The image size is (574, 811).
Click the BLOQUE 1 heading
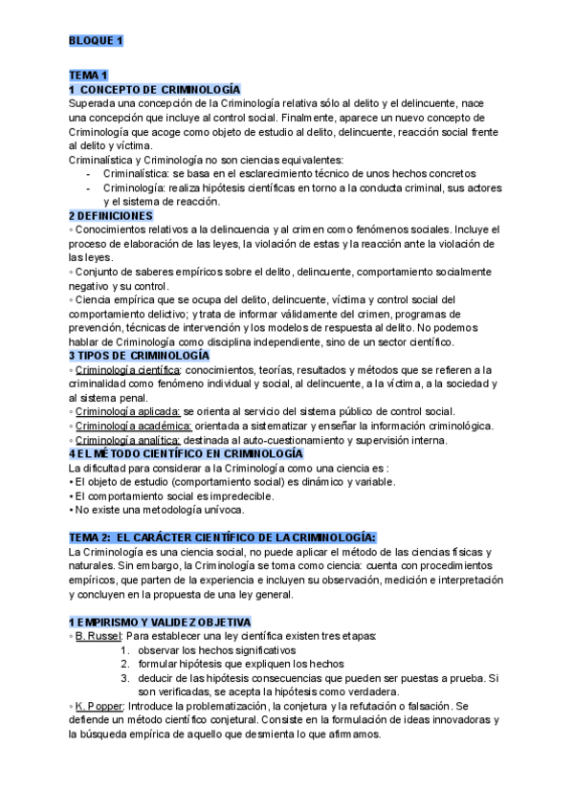(96, 40)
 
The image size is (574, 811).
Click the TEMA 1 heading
(89, 75)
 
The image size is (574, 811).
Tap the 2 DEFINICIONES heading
(111, 216)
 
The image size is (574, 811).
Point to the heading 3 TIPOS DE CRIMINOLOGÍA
(139, 355)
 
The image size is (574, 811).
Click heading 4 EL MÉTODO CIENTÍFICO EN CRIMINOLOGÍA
(186, 453)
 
